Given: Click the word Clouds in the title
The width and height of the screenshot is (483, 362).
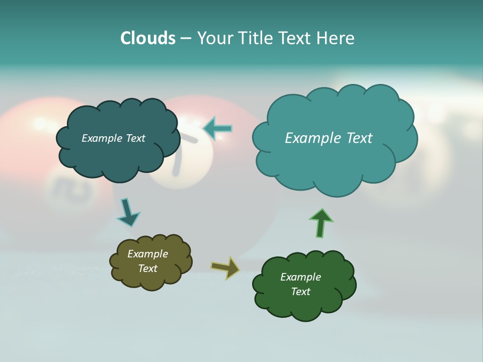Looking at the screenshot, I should click(x=147, y=38).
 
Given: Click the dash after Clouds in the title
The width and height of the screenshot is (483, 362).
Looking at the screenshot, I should click(x=185, y=39).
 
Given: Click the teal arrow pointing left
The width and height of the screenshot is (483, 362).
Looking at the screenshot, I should click(x=218, y=128).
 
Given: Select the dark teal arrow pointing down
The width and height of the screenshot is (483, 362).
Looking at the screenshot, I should click(x=128, y=212).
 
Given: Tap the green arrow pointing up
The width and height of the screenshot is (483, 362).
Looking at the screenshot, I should click(x=321, y=223).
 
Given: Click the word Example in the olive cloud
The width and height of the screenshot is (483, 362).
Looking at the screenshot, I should click(x=147, y=254).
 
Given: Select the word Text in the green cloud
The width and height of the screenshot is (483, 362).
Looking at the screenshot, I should click(x=300, y=292).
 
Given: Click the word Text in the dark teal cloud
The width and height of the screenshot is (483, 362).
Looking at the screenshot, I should click(x=134, y=138).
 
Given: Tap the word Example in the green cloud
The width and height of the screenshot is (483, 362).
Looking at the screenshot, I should click(x=300, y=277).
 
